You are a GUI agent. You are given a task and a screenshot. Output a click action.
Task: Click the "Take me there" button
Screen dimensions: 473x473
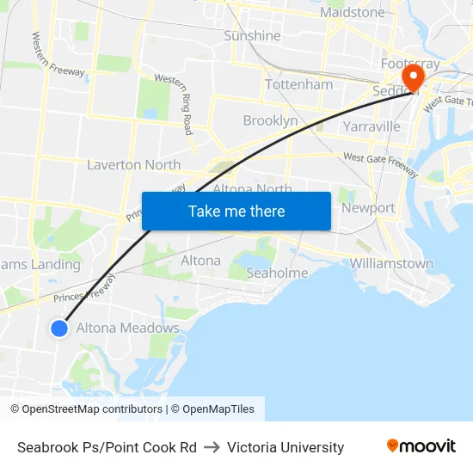[x=236, y=211]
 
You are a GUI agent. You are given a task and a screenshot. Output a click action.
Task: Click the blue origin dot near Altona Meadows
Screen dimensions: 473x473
[x=59, y=328]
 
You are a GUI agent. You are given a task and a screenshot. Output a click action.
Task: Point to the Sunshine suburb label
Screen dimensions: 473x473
[x=252, y=36]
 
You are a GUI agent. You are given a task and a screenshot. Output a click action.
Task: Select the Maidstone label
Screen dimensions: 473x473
[x=353, y=13]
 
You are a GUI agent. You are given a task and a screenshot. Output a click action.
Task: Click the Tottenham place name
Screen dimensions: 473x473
[x=298, y=85]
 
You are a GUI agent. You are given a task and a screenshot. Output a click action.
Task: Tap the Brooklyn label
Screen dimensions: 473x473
[x=270, y=120]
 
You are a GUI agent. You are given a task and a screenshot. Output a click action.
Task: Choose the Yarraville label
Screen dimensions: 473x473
[x=372, y=126]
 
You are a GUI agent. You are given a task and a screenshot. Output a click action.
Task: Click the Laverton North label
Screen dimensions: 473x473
[x=134, y=164]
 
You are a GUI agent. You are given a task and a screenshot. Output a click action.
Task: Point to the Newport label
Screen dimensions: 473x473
[x=368, y=208]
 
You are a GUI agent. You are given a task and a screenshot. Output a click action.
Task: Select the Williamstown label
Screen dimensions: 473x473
[x=391, y=264]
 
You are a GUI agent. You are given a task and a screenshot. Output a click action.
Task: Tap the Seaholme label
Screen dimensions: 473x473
[x=277, y=273]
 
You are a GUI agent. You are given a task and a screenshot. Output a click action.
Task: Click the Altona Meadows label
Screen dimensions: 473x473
[x=128, y=328]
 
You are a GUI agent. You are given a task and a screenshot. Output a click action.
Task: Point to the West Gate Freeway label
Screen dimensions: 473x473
[x=380, y=163]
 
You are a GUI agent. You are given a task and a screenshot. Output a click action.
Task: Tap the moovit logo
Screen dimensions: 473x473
[x=421, y=445]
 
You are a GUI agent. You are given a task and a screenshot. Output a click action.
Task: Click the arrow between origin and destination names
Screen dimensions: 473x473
[x=212, y=447]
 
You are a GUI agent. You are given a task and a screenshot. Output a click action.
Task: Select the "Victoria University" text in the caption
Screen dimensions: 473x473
[x=286, y=447]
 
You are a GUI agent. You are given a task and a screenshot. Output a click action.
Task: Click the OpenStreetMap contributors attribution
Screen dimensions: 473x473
[x=86, y=409]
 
